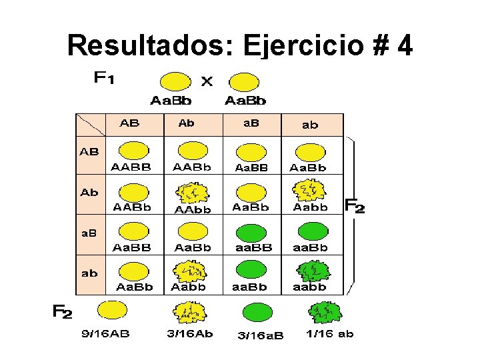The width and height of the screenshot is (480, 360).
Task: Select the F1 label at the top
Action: coord(103,79)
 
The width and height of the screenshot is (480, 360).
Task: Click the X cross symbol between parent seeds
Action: coord(207,81)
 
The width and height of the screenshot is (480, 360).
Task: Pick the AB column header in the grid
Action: coord(129,124)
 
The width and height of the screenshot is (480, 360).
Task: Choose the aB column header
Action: coord(250,124)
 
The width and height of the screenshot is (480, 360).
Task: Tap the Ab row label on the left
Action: coord(89,193)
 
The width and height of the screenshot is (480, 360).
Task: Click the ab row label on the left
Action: coord(89,273)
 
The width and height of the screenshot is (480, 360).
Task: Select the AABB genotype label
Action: coord(131,167)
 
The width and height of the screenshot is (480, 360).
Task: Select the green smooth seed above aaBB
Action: coord(251,231)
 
